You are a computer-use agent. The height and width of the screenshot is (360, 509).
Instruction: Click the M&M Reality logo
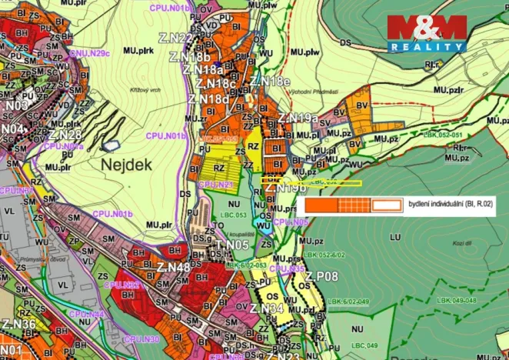coord(427,33)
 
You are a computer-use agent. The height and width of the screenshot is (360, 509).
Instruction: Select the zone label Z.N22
coord(175,38)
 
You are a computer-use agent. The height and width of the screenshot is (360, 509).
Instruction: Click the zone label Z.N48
coord(173,267)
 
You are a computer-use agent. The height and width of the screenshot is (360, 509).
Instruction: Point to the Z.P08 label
coord(321,276)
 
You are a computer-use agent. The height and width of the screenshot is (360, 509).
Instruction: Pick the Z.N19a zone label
coord(298,118)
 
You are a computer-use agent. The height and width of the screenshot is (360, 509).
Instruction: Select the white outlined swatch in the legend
coord(388,205)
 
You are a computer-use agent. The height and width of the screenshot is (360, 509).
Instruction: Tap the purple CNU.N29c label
coord(90,53)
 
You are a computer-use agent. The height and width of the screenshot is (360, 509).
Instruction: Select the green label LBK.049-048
coord(457,300)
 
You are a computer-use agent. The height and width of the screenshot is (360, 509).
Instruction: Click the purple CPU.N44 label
coord(86,314)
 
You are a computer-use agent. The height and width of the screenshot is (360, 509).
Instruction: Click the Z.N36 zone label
coord(18,324)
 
